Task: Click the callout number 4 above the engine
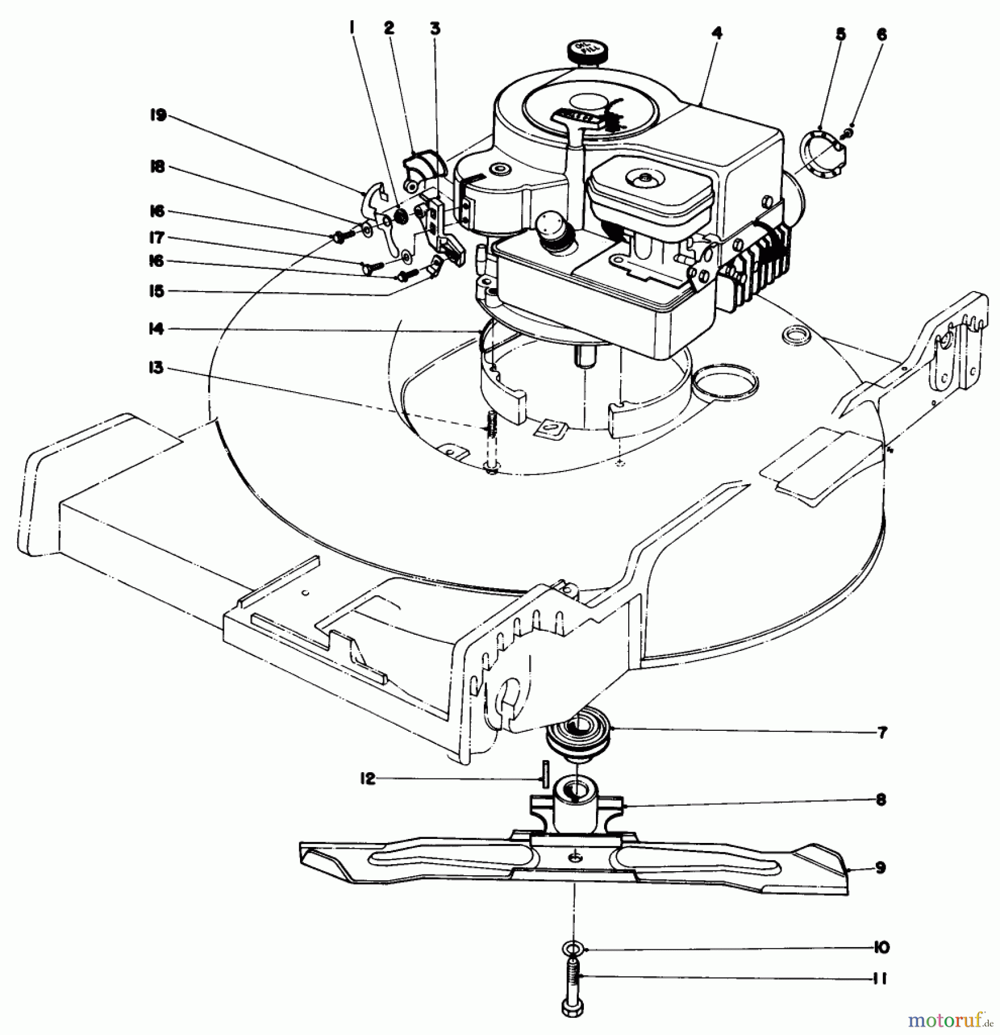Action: (716, 33)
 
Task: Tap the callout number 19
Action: (158, 116)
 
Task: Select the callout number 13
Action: (157, 367)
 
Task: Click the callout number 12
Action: (367, 779)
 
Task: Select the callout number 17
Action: (157, 237)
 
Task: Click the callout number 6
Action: (882, 36)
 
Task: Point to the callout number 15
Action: (157, 292)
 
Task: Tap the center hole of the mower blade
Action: (575, 873)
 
